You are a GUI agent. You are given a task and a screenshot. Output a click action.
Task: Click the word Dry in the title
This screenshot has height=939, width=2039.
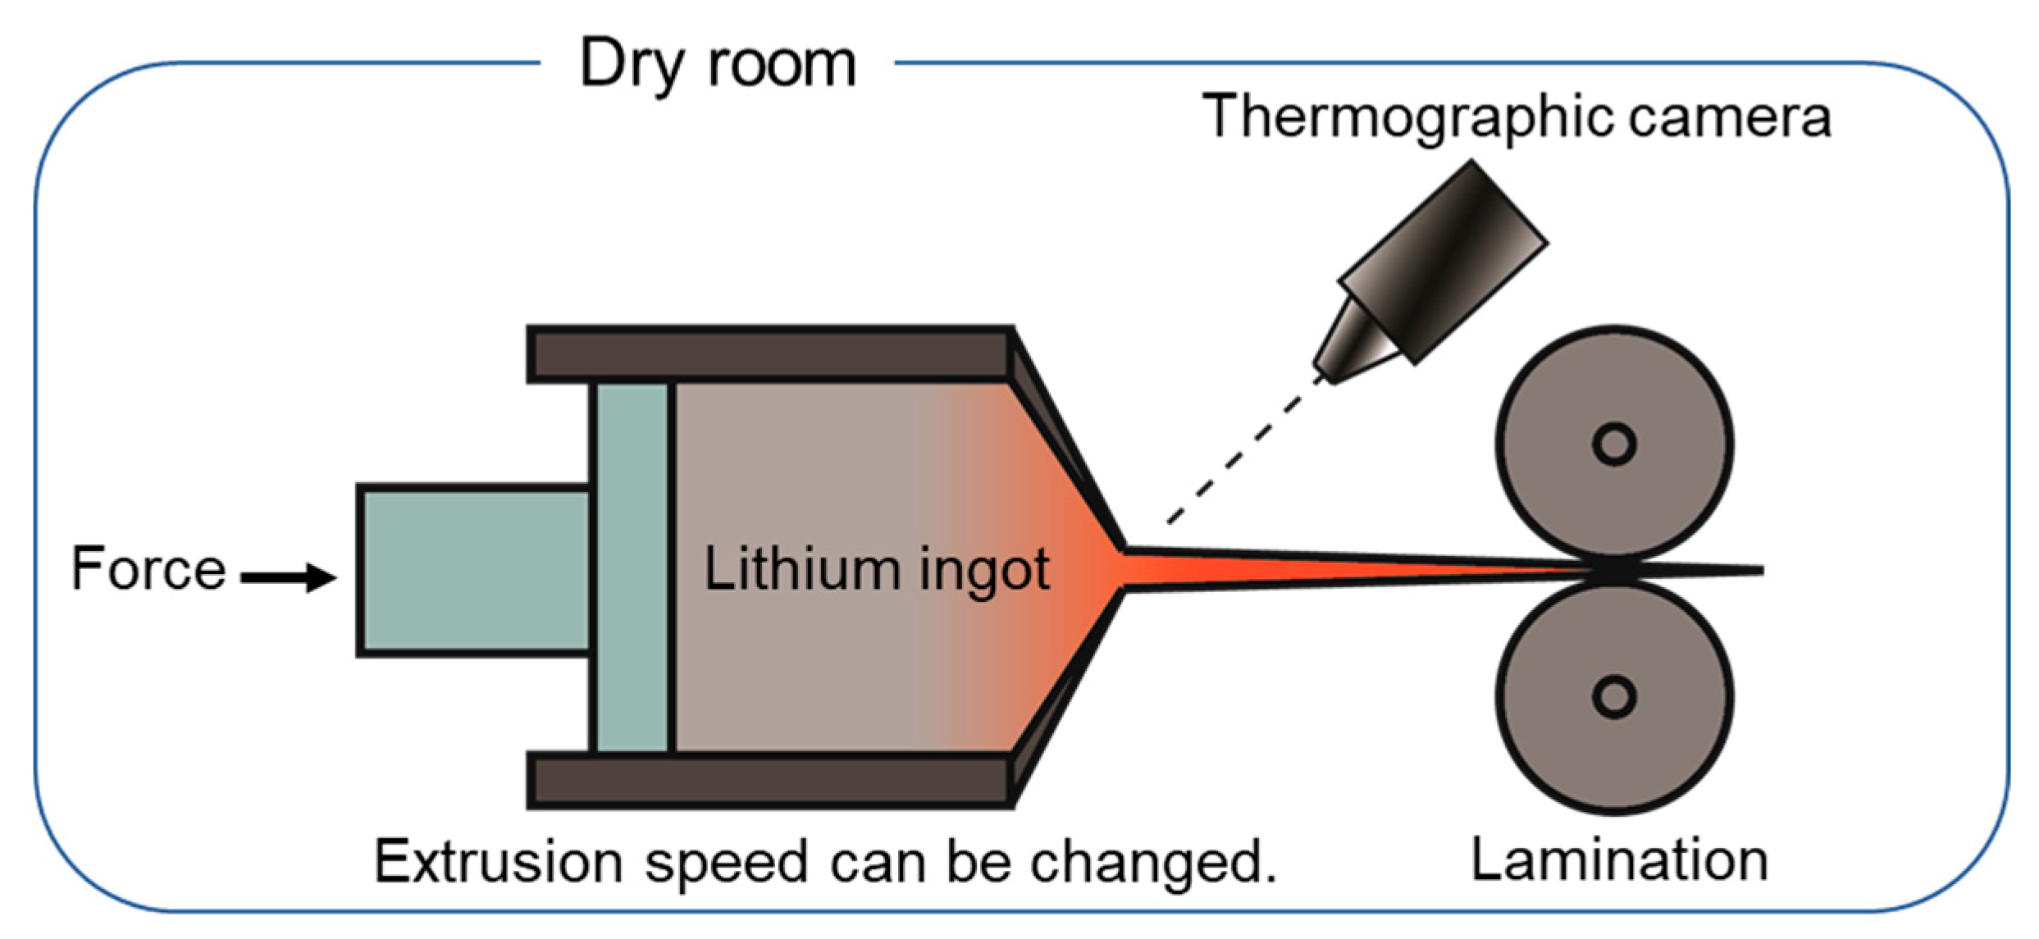(x=630, y=64)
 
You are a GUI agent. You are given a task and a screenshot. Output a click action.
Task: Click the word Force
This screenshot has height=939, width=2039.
(x=148, y=568)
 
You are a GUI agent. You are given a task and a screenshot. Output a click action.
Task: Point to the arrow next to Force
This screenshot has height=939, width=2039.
(x=289, y=577)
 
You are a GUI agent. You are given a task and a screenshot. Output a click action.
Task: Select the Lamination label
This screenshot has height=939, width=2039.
(x=1619, y=860)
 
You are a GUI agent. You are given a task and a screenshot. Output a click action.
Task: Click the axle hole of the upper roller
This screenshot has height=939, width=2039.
(x=1614, y=444)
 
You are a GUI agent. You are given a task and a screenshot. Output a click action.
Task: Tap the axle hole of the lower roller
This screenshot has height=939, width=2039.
(x=1614, y=697)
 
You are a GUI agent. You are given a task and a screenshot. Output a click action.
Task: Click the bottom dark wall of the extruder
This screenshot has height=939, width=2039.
(x=771, y=780)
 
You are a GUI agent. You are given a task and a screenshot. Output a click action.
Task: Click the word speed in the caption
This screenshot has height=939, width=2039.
(x=726, y=864)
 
